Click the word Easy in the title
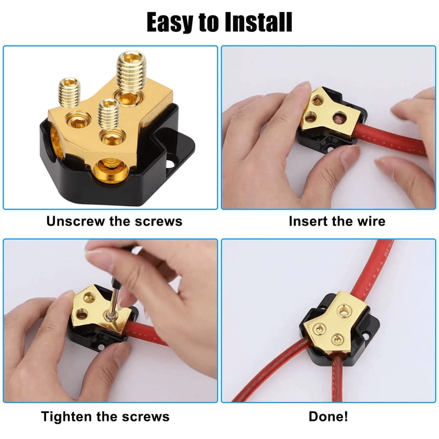pyautogui.click(x=170, y=23)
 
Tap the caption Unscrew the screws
pyautogui.click(x=114, y=221)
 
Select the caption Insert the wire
pyautogui.click(x=337, y=221)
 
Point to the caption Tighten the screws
pyautogui.click(x=105, y=417)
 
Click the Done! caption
pyautogui.click(x=328, y=417)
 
